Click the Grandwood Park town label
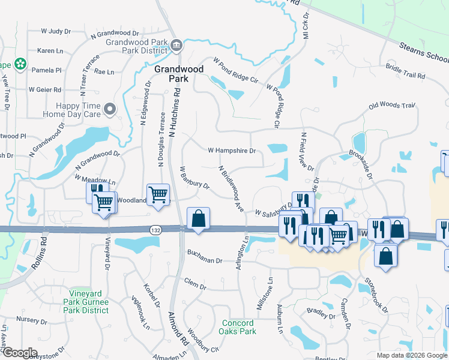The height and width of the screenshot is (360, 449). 179,74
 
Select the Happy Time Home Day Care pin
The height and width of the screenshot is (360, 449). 110,109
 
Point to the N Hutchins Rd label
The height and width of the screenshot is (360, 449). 175,110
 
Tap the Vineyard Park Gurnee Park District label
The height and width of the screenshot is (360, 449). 88,306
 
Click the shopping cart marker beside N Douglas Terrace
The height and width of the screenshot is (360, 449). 158,194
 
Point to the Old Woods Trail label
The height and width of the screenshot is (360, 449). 392,106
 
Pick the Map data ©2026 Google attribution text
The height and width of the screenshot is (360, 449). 411,355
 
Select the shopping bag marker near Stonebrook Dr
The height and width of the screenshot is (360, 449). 385,256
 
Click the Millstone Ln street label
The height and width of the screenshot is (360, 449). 265,294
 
